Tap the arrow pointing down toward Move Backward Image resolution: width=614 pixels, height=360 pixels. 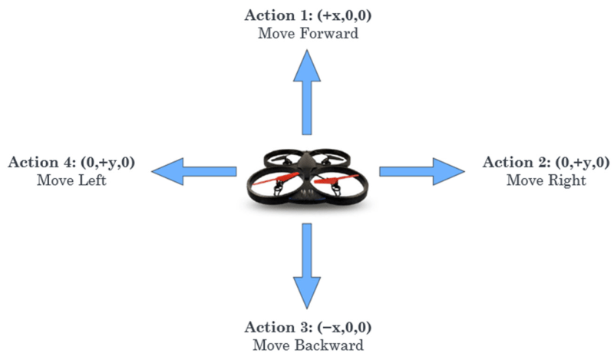[x=307, y=266]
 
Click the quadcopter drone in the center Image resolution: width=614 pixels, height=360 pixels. [x=307, y=174]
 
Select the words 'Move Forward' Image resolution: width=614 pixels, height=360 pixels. [x=308, y=34]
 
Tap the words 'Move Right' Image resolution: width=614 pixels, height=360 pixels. [x=546, y=180]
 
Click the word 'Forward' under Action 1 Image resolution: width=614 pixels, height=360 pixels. [x=329, y=34]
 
